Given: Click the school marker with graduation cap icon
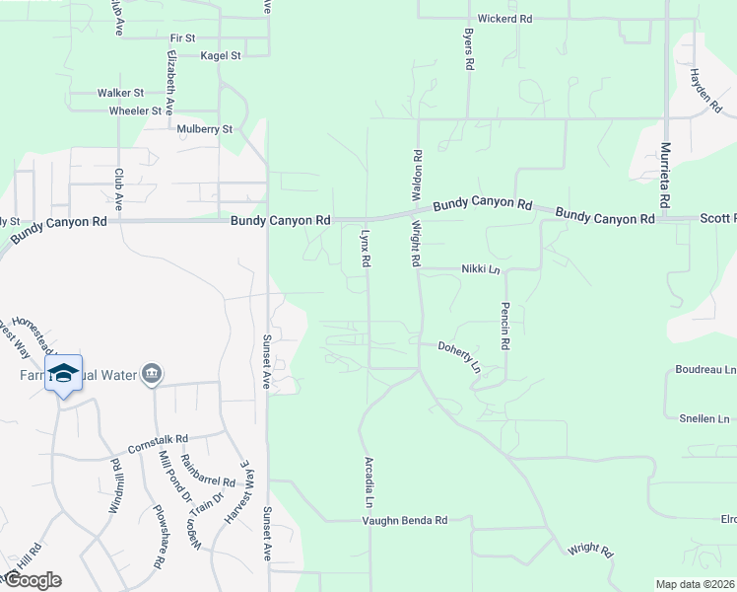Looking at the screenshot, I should click(x=63, y=373).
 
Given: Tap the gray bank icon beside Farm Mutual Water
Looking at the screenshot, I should click(x=152, y=374).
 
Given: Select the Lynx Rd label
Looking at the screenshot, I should click(x=365, y=250).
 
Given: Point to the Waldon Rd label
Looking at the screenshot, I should click(x=417, y=170).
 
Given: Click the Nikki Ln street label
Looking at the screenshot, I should click(x=481, y=268).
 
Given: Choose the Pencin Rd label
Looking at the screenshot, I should click(x=504, y=327).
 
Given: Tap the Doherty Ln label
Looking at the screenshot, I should click(x=459, y=356).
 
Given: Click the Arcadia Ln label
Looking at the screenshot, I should click(x=368, y=477).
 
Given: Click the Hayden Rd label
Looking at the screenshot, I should click(x=706, y=88).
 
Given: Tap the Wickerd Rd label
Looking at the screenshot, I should click(x=504, y=19).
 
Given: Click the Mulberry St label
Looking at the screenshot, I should click(x=205, y=129).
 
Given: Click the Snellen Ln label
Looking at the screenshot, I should click(x=704, y=418).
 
